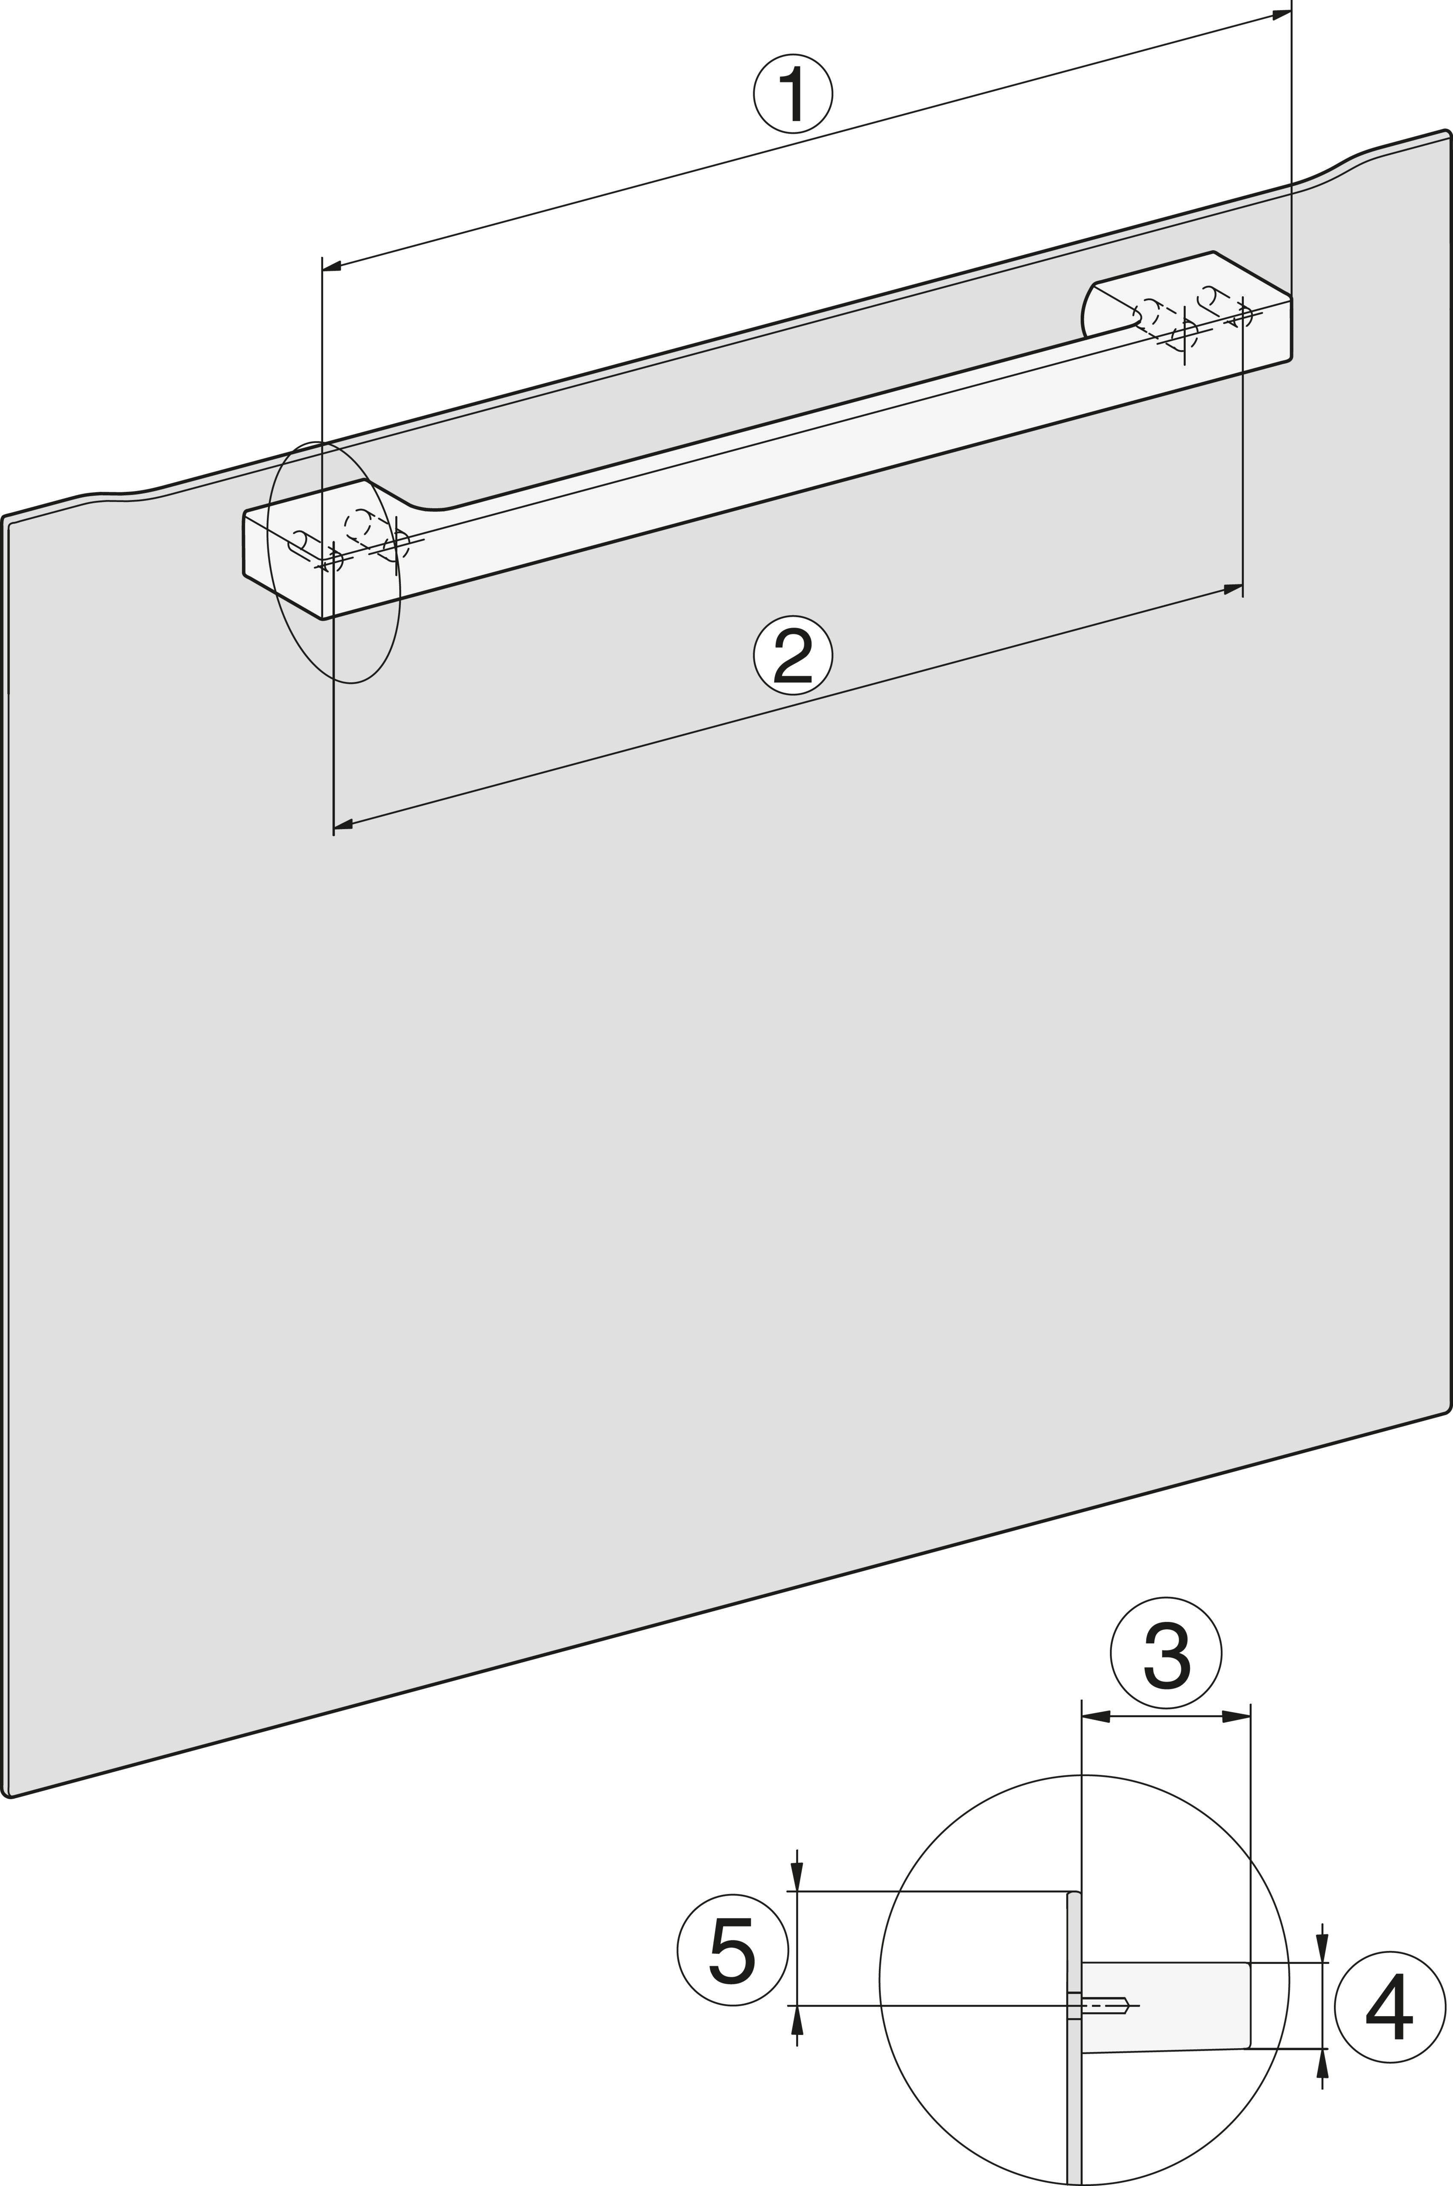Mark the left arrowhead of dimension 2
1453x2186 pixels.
pos(343,823)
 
